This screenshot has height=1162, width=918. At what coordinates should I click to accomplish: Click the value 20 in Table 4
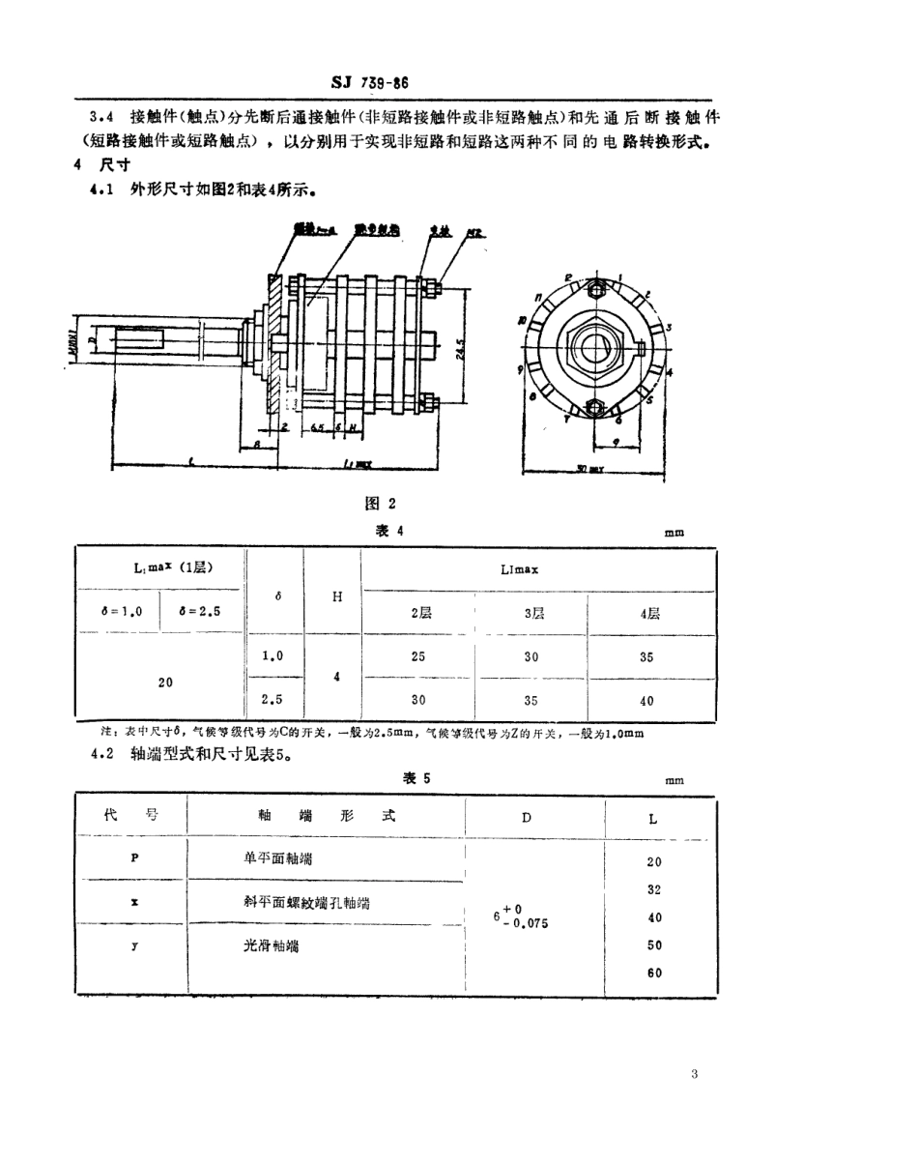[x=165, y=682]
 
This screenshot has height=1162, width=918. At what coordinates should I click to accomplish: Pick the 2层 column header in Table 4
[x=417, y=613]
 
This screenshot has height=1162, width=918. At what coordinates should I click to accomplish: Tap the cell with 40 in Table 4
[x=646, y=702]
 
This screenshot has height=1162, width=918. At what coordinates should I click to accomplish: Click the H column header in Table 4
[x=337, y=596]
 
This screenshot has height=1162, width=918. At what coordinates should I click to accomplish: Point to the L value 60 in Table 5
[x=654, y=973]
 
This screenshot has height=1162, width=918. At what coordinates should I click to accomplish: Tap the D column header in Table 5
[x=527, y=817]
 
